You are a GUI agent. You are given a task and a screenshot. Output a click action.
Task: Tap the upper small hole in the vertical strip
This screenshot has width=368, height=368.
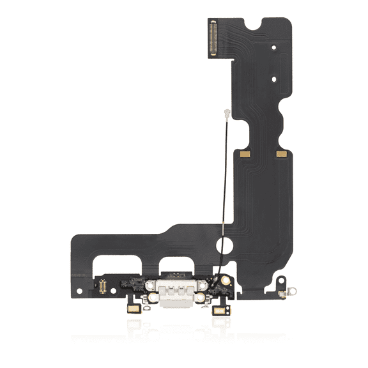click(273, 47)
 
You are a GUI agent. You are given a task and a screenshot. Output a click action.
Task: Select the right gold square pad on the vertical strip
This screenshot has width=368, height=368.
click(279, 155)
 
